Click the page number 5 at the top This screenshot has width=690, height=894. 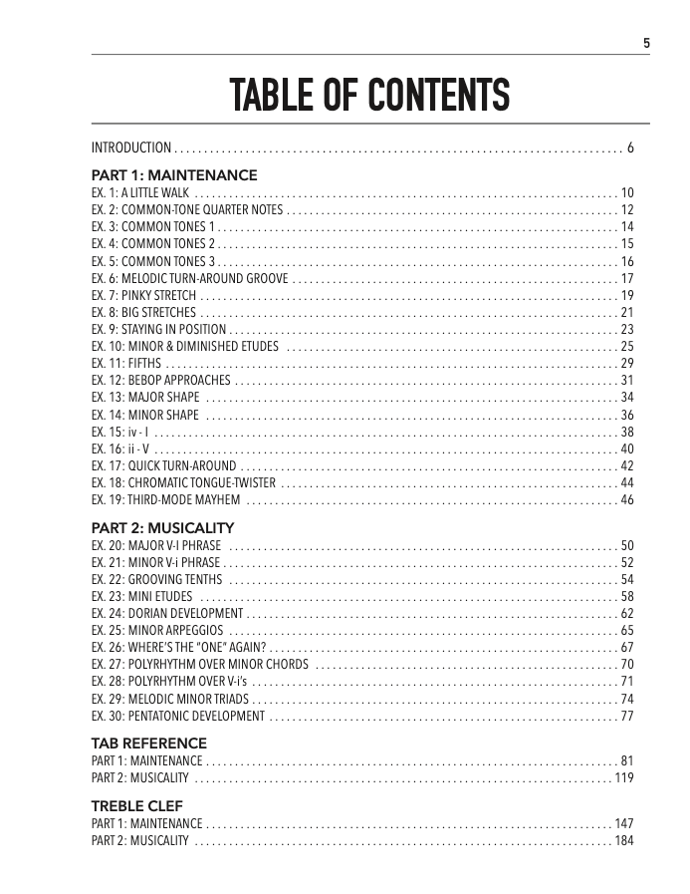coord(646,43)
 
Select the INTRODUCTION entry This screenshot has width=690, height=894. coord(131,149)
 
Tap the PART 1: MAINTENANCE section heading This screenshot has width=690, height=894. coord(174,175)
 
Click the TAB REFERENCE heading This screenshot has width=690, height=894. coord(149,744)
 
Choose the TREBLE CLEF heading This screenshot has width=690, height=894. coord(137,805)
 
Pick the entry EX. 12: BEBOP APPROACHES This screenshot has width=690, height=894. coord(162,382)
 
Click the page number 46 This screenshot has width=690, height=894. coord(627,500)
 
